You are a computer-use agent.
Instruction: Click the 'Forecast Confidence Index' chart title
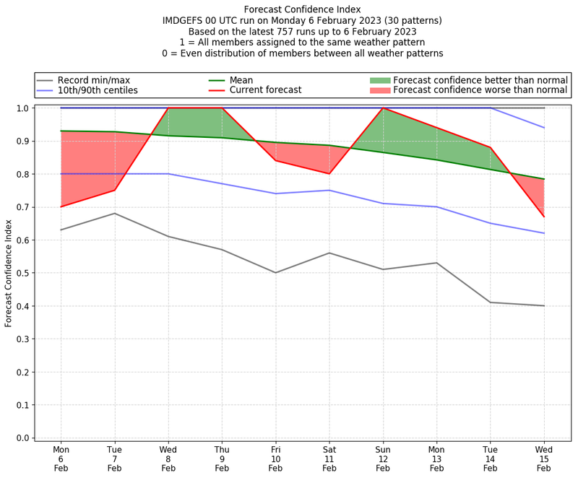[x=302, y=9]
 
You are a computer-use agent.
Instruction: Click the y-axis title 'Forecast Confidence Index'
[x=9, y=272]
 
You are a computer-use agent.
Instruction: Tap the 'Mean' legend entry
[x=241, y=80]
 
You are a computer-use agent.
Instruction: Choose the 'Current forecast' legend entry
[x=265, y=90]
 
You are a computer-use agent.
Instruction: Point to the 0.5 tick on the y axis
[x=22, y=273]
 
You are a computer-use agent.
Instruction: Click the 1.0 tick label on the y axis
[x=22, y=108]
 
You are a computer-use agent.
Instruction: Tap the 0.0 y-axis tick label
[x=22, y=437]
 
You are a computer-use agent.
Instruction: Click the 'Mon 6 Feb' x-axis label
[x=61, y=458]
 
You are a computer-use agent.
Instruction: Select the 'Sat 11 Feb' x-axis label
[x=329, y=458]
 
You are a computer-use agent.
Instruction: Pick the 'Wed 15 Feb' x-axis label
[x=544, y=458]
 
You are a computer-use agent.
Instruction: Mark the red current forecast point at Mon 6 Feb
[x=61, y=207]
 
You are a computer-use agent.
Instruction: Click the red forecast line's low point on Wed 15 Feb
[x=544, y=217]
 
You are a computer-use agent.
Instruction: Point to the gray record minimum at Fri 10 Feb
[x=275, y=273]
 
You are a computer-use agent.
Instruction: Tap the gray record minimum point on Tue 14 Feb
[x=491, y=302]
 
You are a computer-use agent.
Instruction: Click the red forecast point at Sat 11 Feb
[x=329, y=174]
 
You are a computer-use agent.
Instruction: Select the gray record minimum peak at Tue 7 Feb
[x=114, y=214]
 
